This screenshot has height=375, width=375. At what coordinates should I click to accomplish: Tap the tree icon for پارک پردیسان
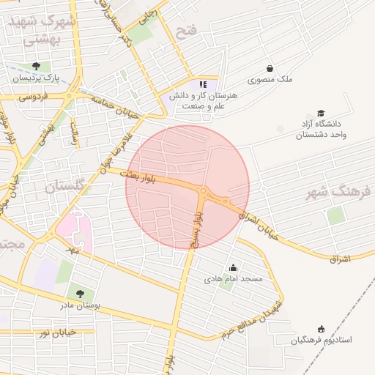pyautogui.click(x=37, y=66)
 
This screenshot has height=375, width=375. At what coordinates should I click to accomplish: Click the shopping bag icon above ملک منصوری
pyautogui.click(x=270, y=68)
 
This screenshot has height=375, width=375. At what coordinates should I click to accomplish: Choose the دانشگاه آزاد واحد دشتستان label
pyautogui.click(x=320, y=130)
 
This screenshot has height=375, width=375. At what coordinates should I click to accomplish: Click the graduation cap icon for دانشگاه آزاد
pyautogui.click(x=321, y=113)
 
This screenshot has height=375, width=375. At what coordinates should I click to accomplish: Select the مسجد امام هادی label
pyautogui.click(x=233, y=280)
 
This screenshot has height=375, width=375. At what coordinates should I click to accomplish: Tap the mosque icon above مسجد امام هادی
pyautogui.click(x=233, y=268)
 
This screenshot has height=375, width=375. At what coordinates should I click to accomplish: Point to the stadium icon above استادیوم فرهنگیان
pyautogui.click(x=320, y=330)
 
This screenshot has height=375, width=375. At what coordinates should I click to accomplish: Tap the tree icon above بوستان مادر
pyautogui.click(x=80, y=293)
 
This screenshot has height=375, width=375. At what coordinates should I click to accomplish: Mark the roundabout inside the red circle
pyautogui.click(x=203, y=192)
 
